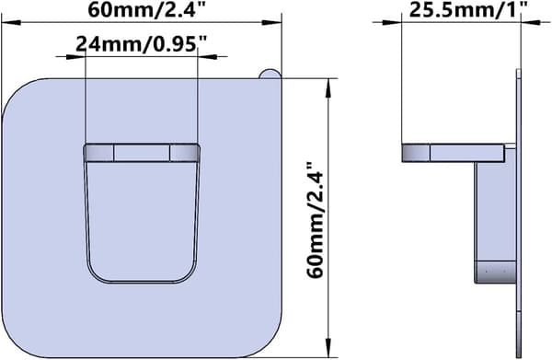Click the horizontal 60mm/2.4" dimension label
pyautogui.click(x=146, y=9)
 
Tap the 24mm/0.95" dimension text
pyautogui.click(x=141, y=44)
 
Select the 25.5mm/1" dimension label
pyautogui.click(x=468, y=9)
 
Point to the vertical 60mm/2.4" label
pyautogui.click(x=315, y=220)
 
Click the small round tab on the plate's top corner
pyautogui.click(x=270, y=74)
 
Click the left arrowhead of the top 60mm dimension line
pyautogui.click(x=12, y=22)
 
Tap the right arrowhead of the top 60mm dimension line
pyautogui.click(x=271, y=22)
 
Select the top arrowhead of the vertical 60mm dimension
pyautogui.click(x=328, y=88)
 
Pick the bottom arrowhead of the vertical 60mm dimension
pyautogui.click(x=328, y=348)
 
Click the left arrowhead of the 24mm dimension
pyautogui.click(x=75, y=56)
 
